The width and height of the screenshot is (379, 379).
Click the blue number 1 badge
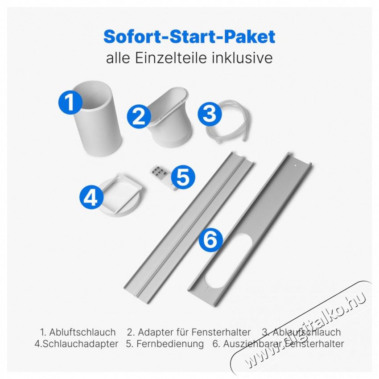click(x=70, y=102)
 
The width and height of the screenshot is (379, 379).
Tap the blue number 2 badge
click(x=139, y=116)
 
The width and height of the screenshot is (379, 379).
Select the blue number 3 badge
click(x=209, y=113)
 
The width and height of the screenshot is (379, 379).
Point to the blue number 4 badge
click(x=91, y=198)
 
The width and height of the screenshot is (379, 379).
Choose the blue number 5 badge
click(x=183, y=177)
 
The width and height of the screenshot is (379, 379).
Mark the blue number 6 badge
click(x=210, y=239)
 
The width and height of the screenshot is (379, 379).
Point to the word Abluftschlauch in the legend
click(x=82, y=332)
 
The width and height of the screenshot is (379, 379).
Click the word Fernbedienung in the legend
click(x=170, y=343)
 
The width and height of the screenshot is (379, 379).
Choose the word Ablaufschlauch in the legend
click(x=306, y=332)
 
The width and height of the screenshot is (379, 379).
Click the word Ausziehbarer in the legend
click(x=253, y=343)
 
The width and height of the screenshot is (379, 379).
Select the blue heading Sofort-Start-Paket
click(x=189, y=37)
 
